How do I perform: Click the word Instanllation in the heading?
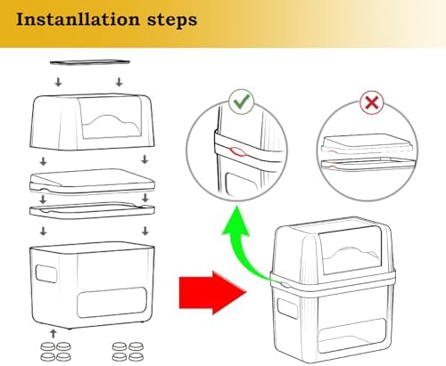click(x=78, y=20)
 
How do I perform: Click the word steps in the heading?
click(x=172, y=20)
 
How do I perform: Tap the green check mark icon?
click(x=242, y=102)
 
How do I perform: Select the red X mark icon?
click(x=372, y=102)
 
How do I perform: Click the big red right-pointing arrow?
click(x=213, y=292)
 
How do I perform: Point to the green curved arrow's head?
click(x=235, y=221)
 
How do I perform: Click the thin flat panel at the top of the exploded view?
click(x=90, y=62)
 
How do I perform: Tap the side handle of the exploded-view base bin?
click(x=46, y=273)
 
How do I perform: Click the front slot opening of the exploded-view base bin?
click(x=111, y=303)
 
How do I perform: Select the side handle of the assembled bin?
click(x=287, y=308)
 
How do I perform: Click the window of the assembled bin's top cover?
click(x=351, y=251)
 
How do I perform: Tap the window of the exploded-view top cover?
click(x=110, y=118)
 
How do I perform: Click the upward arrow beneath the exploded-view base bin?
click(x=54, y=333)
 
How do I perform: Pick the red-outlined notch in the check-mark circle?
click(x=237, y=151)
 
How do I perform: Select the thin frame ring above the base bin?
click(x=92, y=209)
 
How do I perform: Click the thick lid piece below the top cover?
click(x=92, y=182)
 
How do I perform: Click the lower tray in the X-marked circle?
click(x=368, y=166)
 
